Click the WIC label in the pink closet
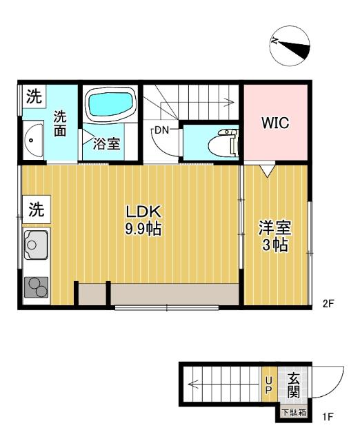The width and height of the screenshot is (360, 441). pos(275,123)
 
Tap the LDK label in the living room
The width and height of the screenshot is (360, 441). pos(143,212)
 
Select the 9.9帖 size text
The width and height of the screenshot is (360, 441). pos(143,229)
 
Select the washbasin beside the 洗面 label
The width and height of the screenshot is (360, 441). pos(32,143)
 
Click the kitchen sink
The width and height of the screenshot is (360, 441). pos(35,243)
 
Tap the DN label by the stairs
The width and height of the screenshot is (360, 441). pos(162,130)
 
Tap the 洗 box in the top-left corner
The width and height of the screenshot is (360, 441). pos(33,97)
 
